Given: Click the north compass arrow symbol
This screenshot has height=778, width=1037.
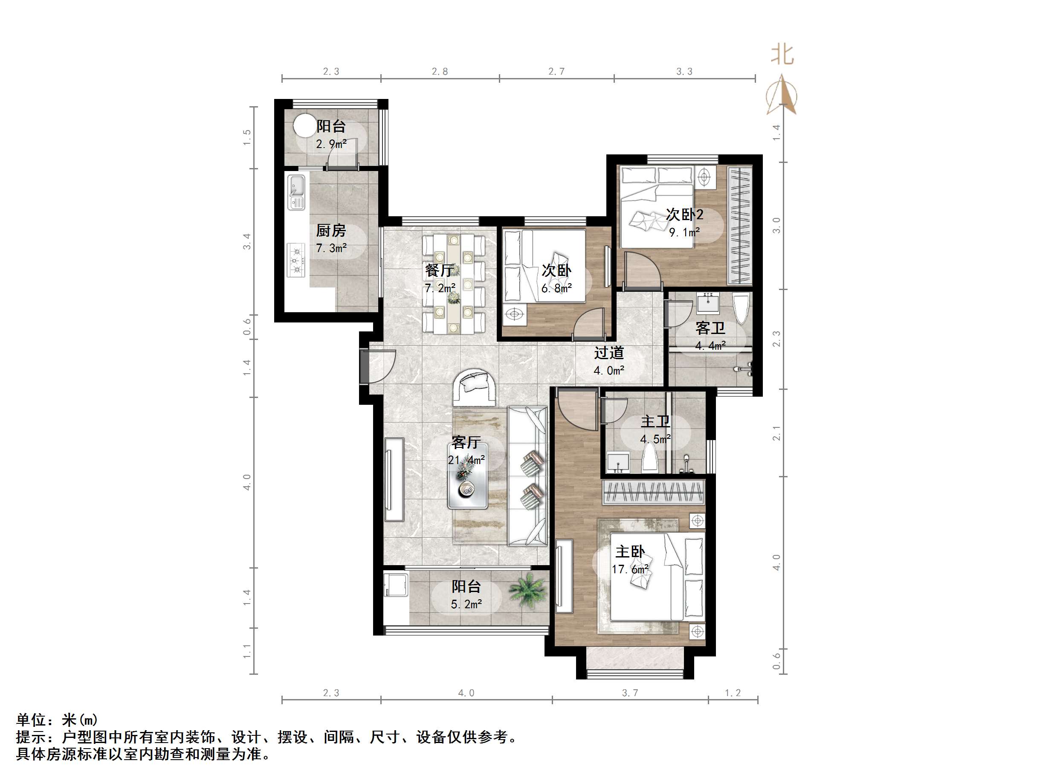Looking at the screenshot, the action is (x=782, y=95).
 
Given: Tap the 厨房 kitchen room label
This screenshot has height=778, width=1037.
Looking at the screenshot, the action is (x=331, y=230).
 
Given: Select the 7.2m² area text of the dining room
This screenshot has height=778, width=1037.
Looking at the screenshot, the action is (x=440, y=288).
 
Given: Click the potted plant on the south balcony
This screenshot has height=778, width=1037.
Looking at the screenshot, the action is (x=528, y=590).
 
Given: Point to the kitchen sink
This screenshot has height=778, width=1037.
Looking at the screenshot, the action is (x=296, y=192).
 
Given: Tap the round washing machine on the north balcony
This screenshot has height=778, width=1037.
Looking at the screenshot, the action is (x=304, y=126).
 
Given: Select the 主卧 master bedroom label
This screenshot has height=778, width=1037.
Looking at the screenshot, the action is (x=630, y=552).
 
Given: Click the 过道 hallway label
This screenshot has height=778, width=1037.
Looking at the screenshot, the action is (x=609, y=353).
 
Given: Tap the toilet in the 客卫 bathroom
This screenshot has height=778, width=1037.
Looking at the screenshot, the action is (x=741, y=308).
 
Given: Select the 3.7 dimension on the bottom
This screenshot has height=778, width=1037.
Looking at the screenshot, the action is (x=630, y=693).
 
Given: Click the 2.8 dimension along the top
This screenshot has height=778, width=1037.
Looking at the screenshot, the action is (x=440, y=71).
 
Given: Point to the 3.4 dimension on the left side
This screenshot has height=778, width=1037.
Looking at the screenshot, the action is (x=247, y=241).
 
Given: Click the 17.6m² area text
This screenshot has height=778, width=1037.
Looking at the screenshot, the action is (x=630, y=569).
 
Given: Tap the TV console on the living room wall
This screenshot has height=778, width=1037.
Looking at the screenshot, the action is (x=394, y=479).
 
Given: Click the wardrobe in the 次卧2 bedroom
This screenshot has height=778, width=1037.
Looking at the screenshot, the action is (x=740, y=226).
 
